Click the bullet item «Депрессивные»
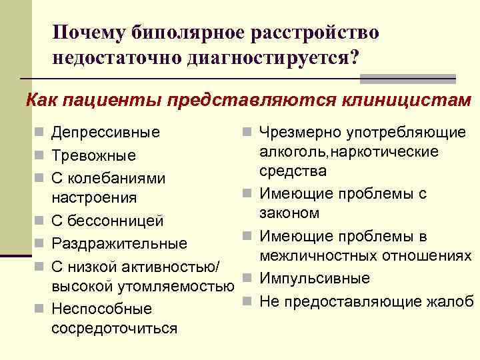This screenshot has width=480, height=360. (106, 133)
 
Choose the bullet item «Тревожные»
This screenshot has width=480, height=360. (94, 155)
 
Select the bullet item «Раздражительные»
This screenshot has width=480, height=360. (119, 243)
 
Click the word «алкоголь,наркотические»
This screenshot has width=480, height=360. (349, 152)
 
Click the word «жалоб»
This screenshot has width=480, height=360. (453, 300)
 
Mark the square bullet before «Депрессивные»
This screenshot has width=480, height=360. (41, 133)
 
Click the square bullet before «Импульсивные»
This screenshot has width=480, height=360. (247, 278)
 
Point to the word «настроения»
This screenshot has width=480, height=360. (94, 198)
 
